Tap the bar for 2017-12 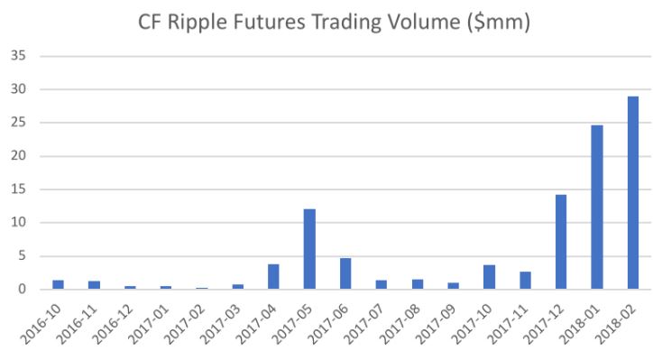click(x=561, y=242)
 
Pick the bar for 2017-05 click(x=309, y=249)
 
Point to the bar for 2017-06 click(x=345, y=273)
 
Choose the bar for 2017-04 click(x=273, y=277)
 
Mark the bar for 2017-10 click(x=489, y=277)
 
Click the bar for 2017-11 click(x=525, y=281)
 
